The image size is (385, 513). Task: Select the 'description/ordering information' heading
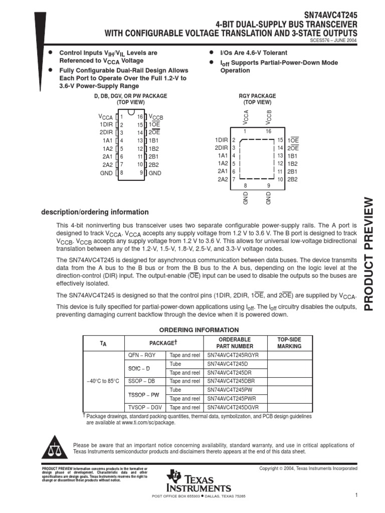point(95,212)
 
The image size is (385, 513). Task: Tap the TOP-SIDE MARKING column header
point(289,343)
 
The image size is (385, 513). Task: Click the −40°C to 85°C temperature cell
point(103,381)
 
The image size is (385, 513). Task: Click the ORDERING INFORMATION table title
point(199,330)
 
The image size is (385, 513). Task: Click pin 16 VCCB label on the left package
point(155,117)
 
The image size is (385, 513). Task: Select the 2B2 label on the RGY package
point(293,179)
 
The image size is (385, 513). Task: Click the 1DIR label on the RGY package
point(221,140)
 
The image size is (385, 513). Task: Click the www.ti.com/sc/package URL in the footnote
point(148,422)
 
